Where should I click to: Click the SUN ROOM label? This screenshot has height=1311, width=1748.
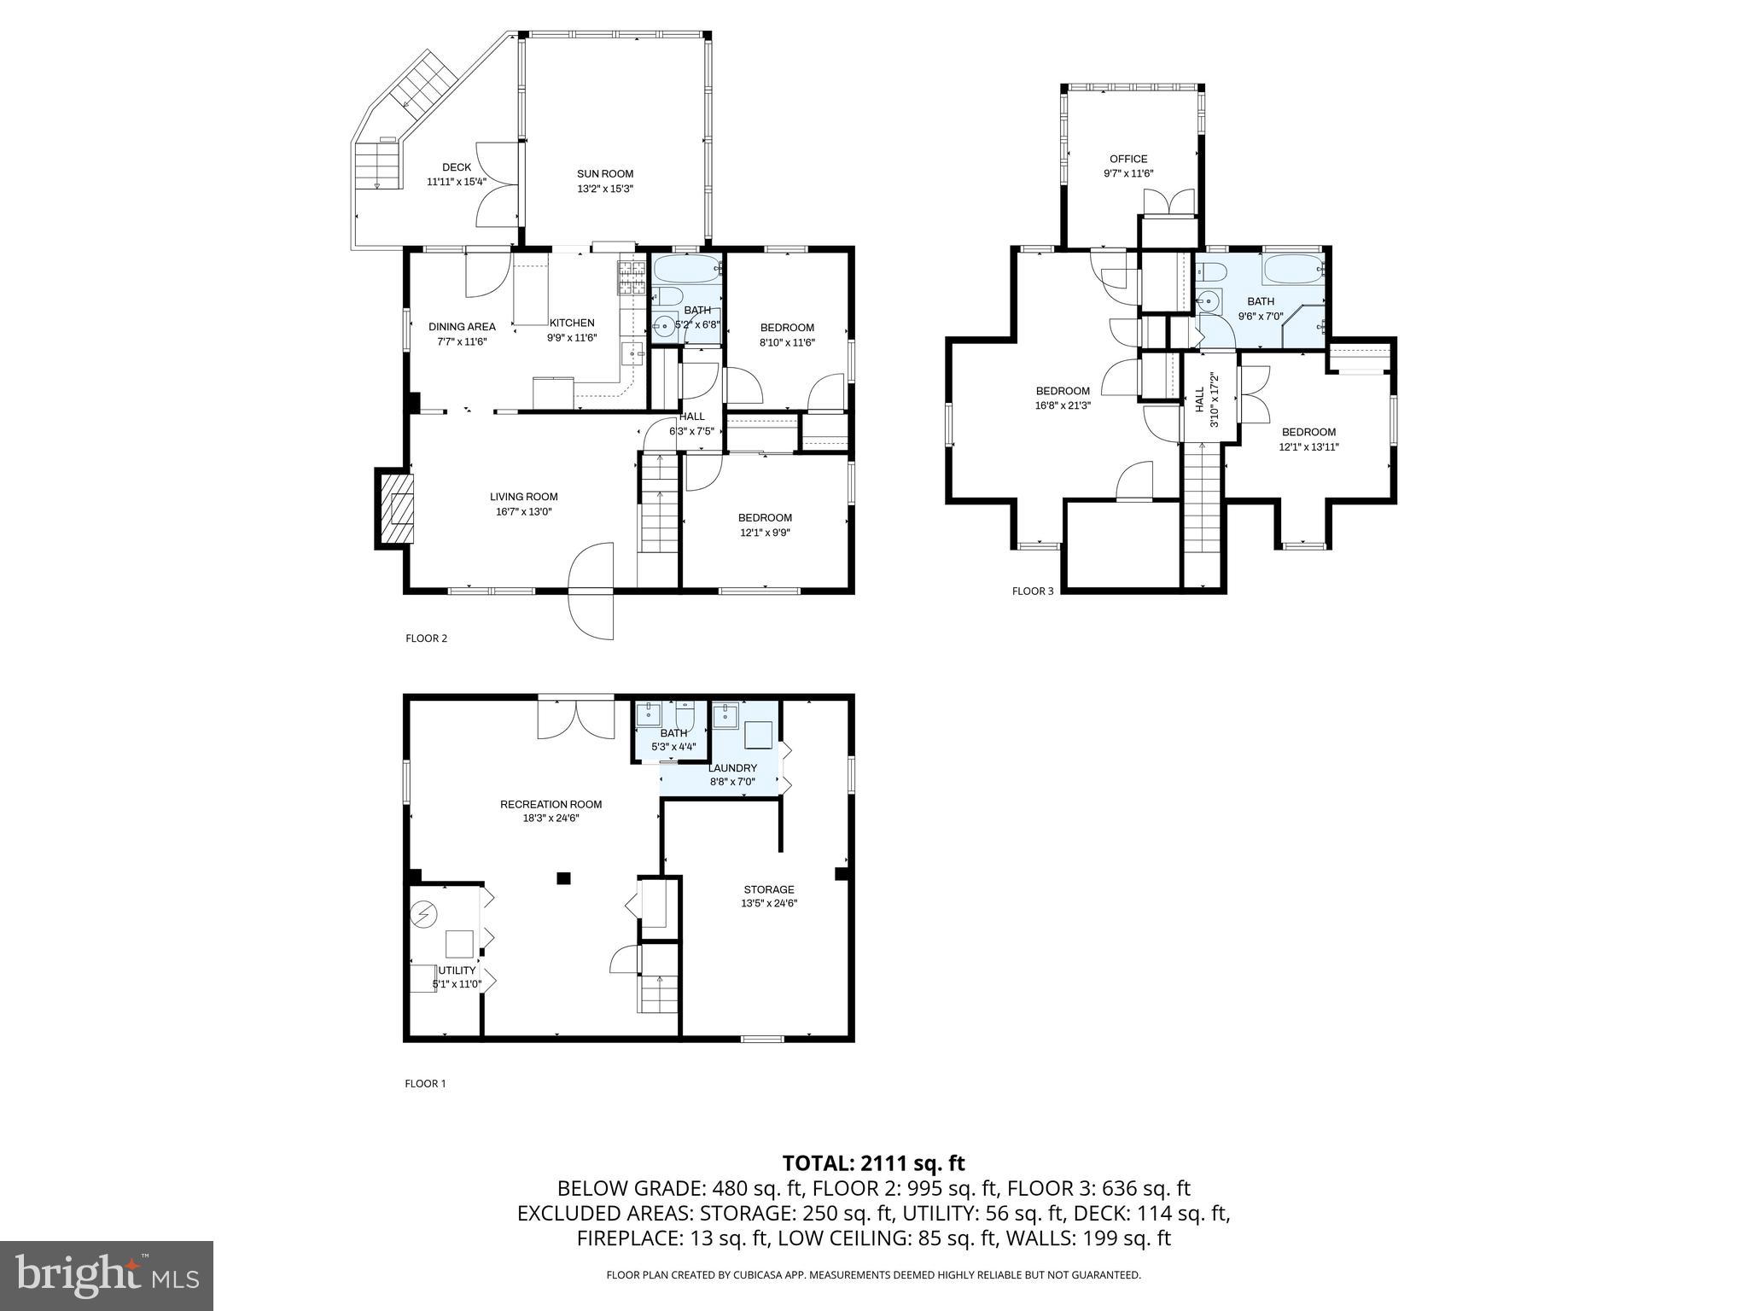[604, 174]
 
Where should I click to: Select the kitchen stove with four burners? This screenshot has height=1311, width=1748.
[632, 278]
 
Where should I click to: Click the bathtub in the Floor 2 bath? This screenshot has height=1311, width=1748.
[688, 271]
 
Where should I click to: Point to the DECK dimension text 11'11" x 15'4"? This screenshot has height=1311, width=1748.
[456, 182]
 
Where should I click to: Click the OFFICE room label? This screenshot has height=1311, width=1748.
[1127, 159]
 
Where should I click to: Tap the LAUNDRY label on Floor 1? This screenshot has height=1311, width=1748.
[731, 768]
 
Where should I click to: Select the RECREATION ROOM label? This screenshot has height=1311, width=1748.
[551, 804]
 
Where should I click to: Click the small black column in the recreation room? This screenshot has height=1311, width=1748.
[563, 877]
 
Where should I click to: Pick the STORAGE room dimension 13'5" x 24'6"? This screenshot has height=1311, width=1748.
[768, 903]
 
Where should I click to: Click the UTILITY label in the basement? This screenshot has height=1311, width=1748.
[457, 970]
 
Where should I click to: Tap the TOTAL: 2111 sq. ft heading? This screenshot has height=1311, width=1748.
[873, 1162]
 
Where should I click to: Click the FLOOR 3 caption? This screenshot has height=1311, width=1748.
[1033, 591]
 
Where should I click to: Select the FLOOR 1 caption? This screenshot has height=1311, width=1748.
[425, 1084]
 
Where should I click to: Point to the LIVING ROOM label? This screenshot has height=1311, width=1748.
[523, 497]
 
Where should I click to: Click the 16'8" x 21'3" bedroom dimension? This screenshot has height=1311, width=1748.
[1063, 405]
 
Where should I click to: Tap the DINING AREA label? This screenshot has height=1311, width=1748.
[462, 327]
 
